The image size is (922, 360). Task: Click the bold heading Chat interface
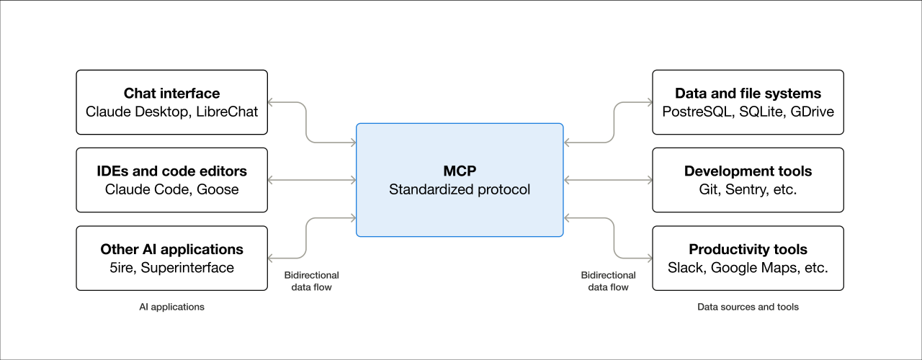click(171, 94)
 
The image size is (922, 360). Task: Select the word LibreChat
click(227, 112)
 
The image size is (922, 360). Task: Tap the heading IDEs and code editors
click(171, 171)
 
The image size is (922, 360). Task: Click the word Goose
click(219, 189)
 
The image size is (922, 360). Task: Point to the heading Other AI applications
click(171, 250)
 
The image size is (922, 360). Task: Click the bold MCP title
click(460, 171)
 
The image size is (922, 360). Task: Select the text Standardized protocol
click(460, 189)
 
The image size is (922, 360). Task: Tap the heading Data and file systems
click(748, 94)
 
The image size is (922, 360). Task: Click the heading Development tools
click(748, 171)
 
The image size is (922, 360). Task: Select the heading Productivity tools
click(748, 250)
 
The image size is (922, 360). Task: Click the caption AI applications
click(171, 307)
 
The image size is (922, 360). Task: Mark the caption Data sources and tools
click(748, 307)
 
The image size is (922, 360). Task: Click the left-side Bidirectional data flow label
click(311, 281)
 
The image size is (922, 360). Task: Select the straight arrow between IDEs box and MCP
click(311, 179)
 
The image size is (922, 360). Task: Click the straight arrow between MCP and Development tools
click(607, 179)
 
